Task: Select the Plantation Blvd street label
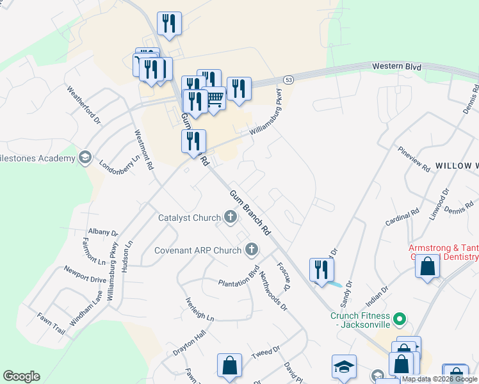238,275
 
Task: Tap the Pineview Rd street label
414,160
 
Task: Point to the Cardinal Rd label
402,216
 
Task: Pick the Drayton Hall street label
190,343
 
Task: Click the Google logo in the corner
21,376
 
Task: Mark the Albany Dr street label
103,232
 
